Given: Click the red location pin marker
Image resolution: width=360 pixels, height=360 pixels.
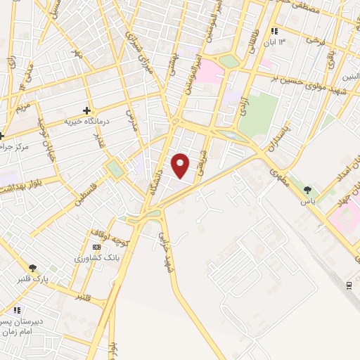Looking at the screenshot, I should (181, 165).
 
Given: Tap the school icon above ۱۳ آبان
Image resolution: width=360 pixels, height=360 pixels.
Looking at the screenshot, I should (274, 32).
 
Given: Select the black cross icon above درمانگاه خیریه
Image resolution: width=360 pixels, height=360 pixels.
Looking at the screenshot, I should (86, 110).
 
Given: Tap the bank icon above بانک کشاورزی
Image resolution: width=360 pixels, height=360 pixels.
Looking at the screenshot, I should (96, 247).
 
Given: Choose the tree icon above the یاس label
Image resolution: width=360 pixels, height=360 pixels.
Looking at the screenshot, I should (307, 189).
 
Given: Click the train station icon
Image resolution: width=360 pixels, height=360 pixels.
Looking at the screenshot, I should (349, 285).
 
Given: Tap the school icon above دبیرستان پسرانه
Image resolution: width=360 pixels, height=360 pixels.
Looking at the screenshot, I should (16, 310).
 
